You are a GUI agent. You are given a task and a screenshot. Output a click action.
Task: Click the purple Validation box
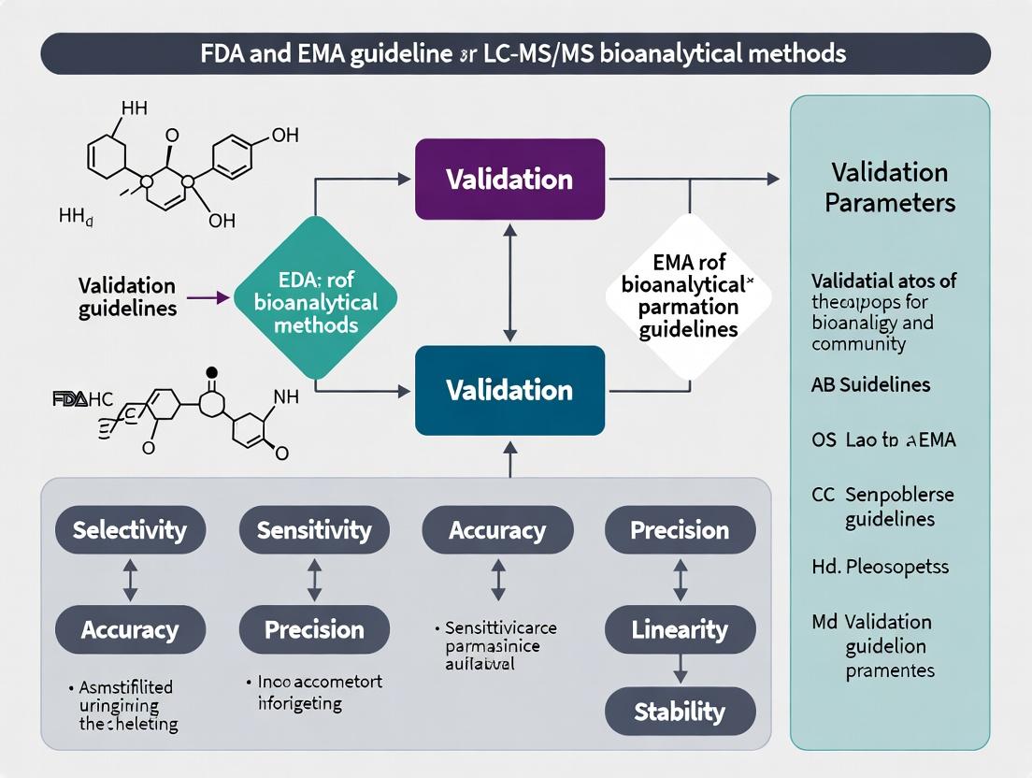pyautogui.click(x=509, y=180)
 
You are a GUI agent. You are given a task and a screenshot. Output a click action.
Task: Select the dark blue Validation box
pyautogui.click(x=509, y=390)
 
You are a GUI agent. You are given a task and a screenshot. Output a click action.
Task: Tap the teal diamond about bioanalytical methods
pyautogui.click(x=315, y=301)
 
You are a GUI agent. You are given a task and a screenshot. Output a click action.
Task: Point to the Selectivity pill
pyautogui.click(x=130, y=531)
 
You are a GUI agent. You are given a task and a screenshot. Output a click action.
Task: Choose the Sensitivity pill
pyautogui.click(x=314, y=531)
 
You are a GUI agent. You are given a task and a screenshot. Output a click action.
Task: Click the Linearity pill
pyautogui.click(x=680, y=629)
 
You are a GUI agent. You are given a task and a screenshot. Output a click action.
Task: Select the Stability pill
pyautogui.click(x=680, y=712)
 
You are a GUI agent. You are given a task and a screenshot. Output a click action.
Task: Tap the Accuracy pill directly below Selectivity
pyautogui.click(x=130, y=629)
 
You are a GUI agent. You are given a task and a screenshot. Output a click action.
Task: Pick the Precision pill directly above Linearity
pyautogui.click(x=680, y=530)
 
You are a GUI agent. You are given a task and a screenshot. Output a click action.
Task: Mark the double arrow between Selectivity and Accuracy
pyautogui.click(x=130, y=580)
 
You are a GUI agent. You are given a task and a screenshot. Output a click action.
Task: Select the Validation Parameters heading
pyautogui.click(x=889, y=188)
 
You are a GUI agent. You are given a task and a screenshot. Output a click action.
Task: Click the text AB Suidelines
pyautogui.click(x=871, y=384)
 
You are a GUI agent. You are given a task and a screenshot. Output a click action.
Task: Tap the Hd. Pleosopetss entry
pyautogui.click(x=868, y=566)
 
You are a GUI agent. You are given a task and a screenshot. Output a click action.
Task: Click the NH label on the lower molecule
pyautogui.click(x=286, y=397)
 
